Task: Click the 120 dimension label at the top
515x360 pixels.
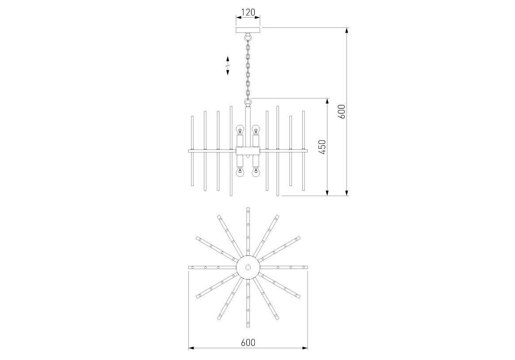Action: tap(248, 12)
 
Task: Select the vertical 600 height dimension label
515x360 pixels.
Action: tap(342, 112)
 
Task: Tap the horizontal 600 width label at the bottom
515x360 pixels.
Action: tap(248, 342)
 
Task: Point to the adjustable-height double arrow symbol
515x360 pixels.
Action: tap(227, 66)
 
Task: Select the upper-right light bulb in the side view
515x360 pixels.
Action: tap(256, 130)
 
